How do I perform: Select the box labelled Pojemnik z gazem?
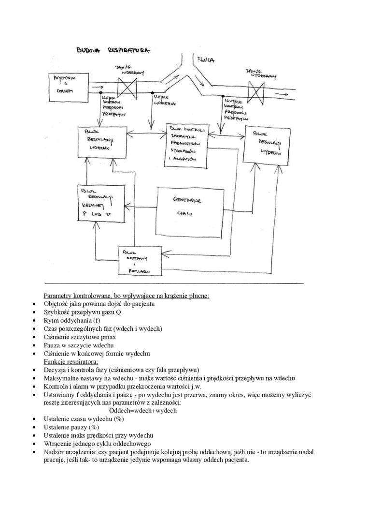coord(67,86)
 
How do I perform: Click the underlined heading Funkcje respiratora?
coord(71,361)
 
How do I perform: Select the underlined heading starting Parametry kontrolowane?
coord(127,296)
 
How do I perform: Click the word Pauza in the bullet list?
coord(53,345)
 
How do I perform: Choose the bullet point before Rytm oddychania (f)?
coord(34,321)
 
